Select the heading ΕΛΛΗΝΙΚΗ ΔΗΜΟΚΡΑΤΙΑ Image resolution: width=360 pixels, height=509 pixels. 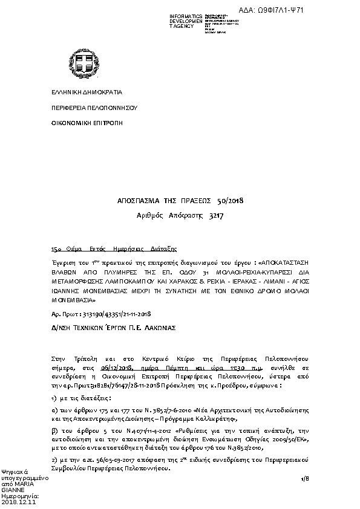click(x=77, y=92)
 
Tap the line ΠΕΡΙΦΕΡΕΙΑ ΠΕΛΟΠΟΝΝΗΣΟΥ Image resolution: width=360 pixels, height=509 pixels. click(x=85, y=108)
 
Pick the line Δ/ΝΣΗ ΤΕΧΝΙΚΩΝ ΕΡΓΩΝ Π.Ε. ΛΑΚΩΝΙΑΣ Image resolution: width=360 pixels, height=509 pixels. click(x=113, y=327)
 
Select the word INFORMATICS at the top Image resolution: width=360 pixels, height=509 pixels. click(x=186, y=16)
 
